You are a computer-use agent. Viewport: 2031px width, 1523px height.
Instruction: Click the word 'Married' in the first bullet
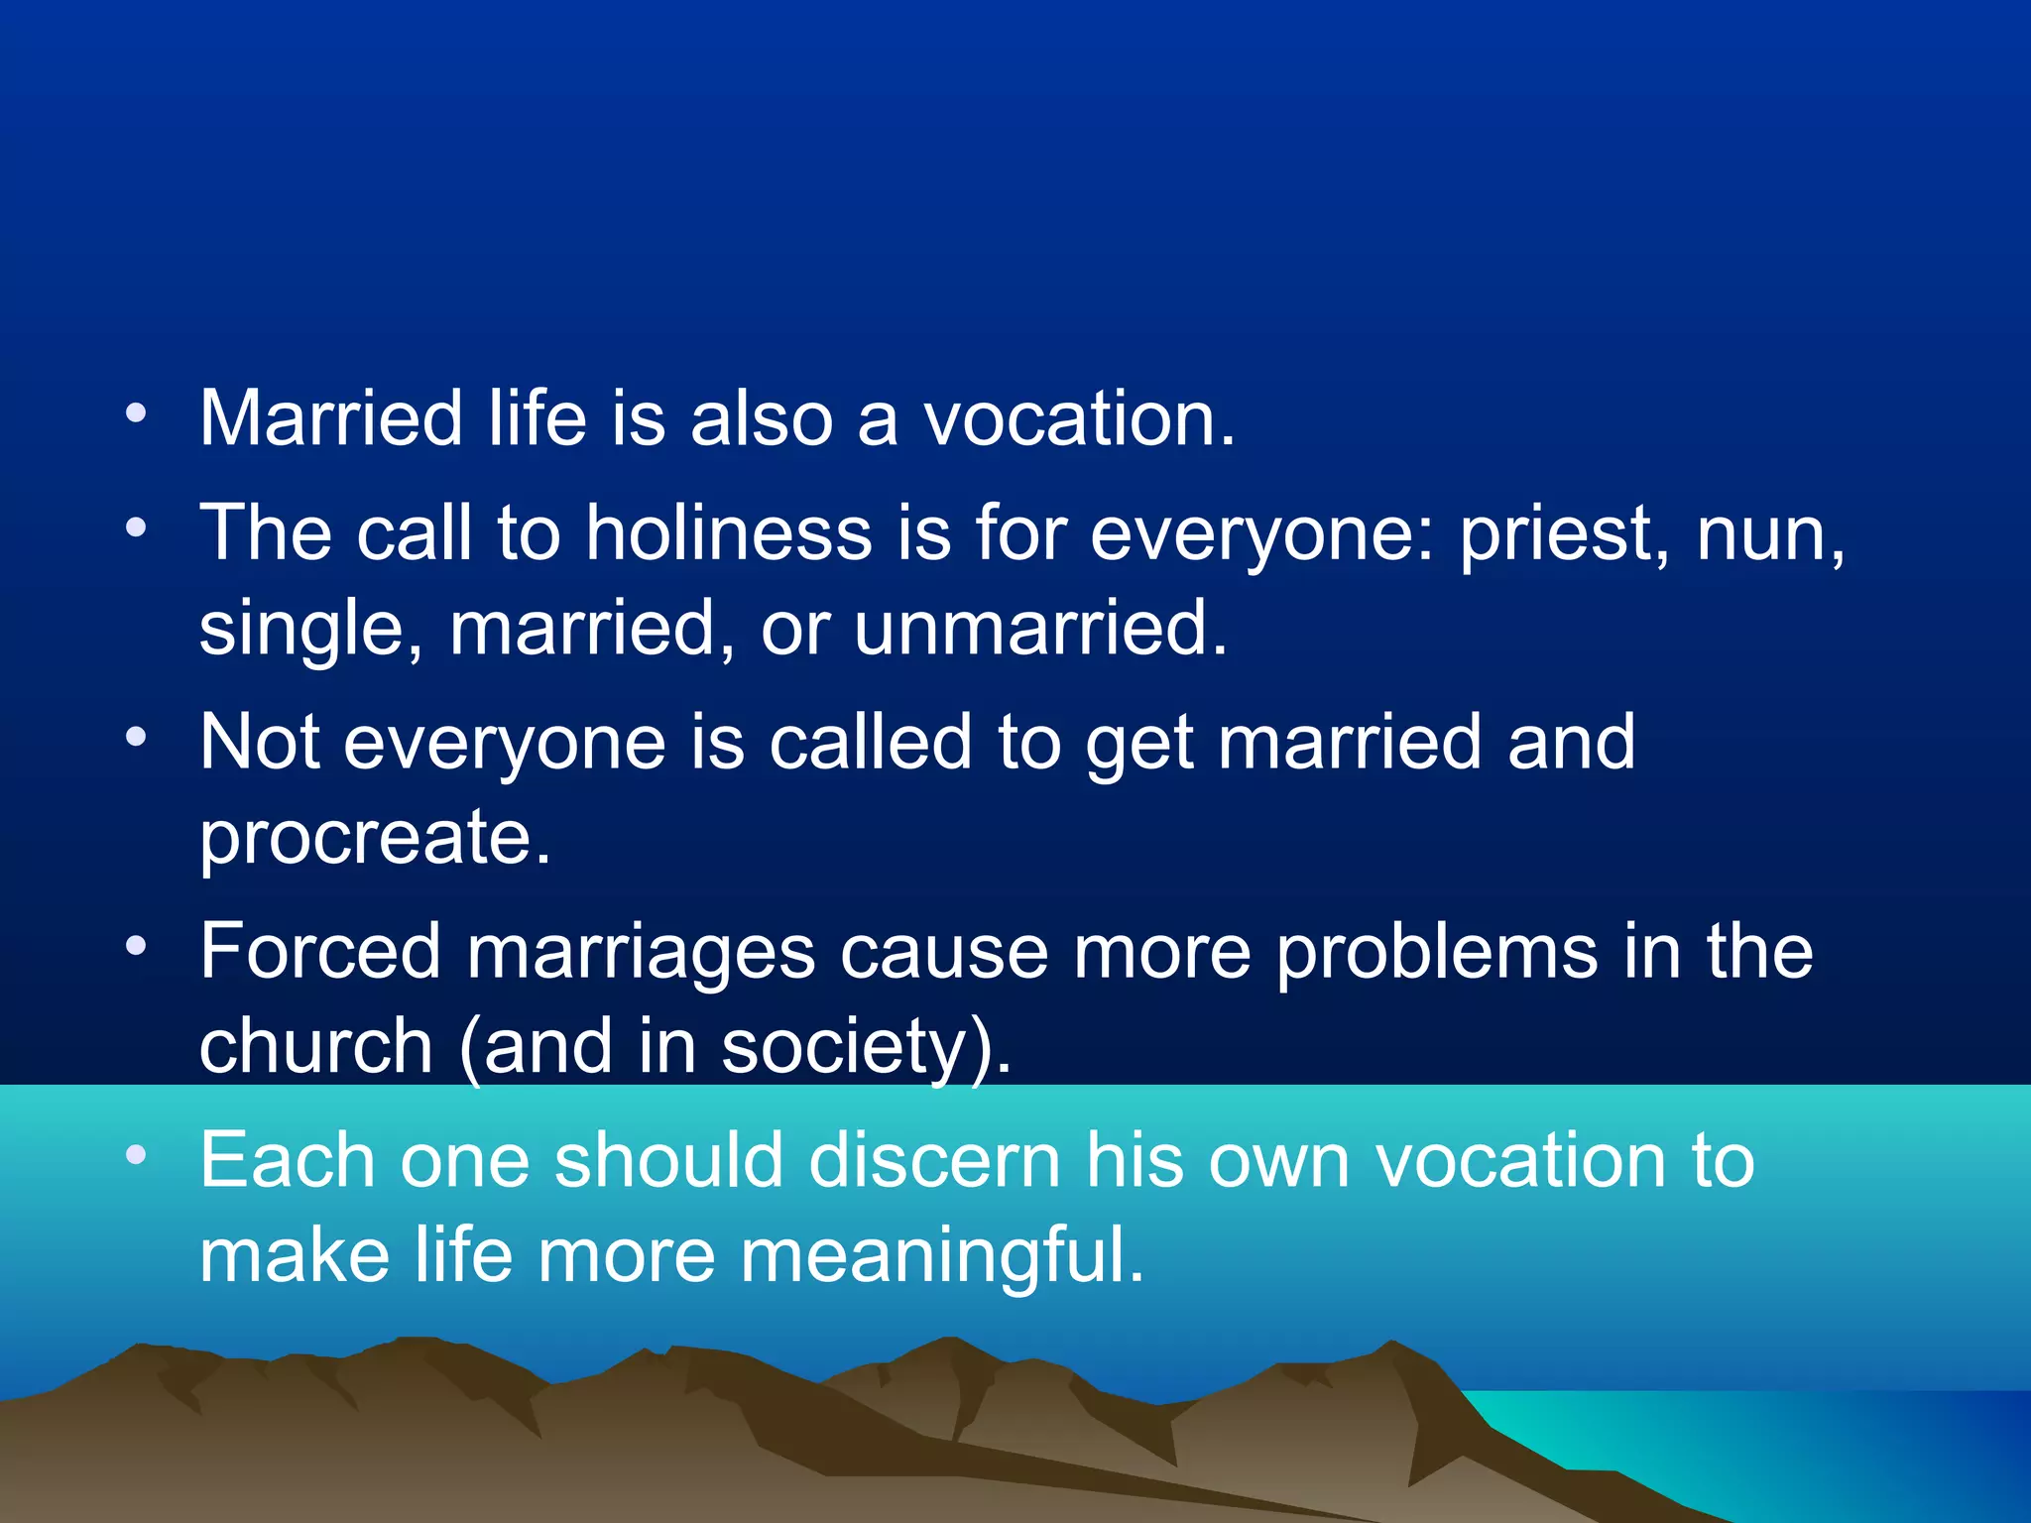(x=330, y=418)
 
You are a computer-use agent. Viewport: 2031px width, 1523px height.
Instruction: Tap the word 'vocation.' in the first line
(x=1079, y=418)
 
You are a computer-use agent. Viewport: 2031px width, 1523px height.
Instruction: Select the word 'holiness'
(x=728, y=533)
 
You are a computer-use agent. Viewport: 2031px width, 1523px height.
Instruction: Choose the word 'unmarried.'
(x=1040, y=629)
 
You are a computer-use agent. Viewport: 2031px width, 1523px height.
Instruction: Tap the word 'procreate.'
(x=375, y=839)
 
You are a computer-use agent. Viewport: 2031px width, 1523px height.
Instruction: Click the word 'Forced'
(x=319, y=952)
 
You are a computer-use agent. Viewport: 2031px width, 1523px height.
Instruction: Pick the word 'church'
(x=315, y=1047)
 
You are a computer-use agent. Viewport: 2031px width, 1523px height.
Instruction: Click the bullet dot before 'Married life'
(x=137, y=411)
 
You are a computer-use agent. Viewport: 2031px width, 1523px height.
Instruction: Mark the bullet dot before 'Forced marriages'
(x=137, y=945)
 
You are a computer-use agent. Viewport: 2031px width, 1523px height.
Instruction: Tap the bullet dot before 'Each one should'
(x=137, y=1154)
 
